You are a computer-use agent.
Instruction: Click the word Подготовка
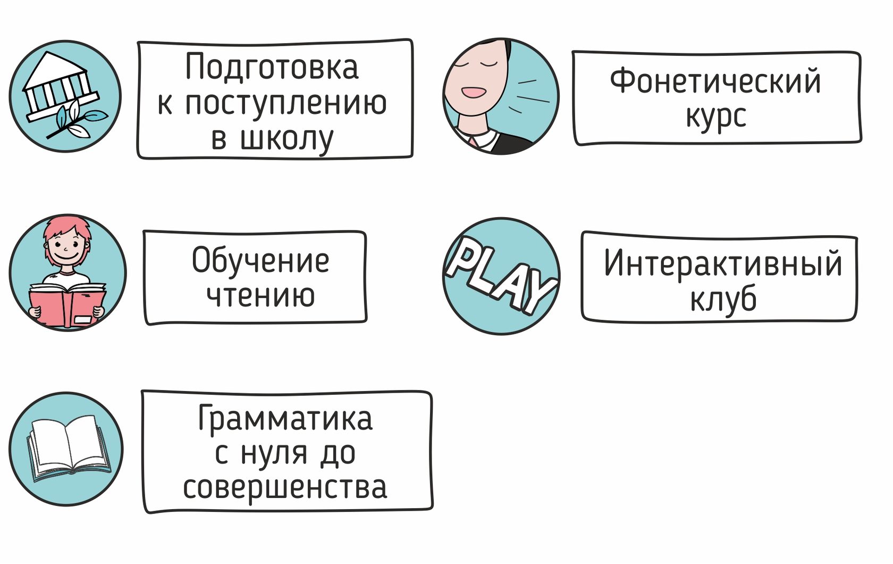point(272,68)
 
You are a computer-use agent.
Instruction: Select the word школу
point(287,139)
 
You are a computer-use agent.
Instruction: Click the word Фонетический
point(715,81)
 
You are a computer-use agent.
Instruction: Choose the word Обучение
point(260,261)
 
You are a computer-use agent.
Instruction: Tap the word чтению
point(260,295)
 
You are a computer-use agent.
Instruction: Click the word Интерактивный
point(722,263)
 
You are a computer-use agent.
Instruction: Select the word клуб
point(722,299)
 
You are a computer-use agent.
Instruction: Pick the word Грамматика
point(285,419)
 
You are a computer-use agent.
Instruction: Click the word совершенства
point(285,487)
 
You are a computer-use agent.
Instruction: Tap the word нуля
point(274,453)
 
